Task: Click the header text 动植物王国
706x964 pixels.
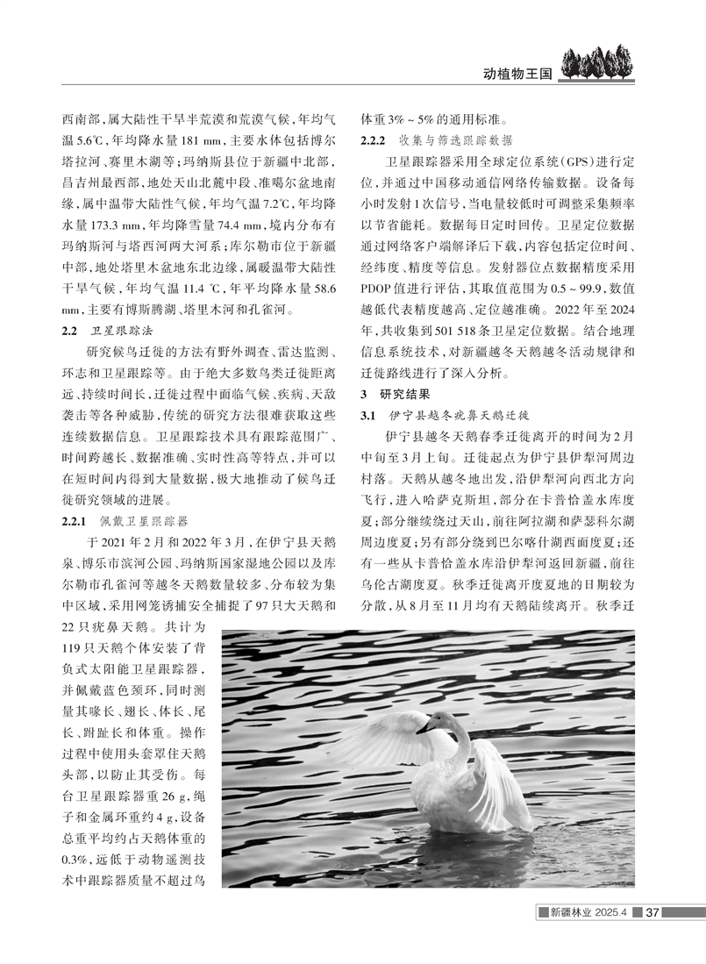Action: pos(517,74)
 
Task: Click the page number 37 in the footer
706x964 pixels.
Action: pos(652,914)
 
